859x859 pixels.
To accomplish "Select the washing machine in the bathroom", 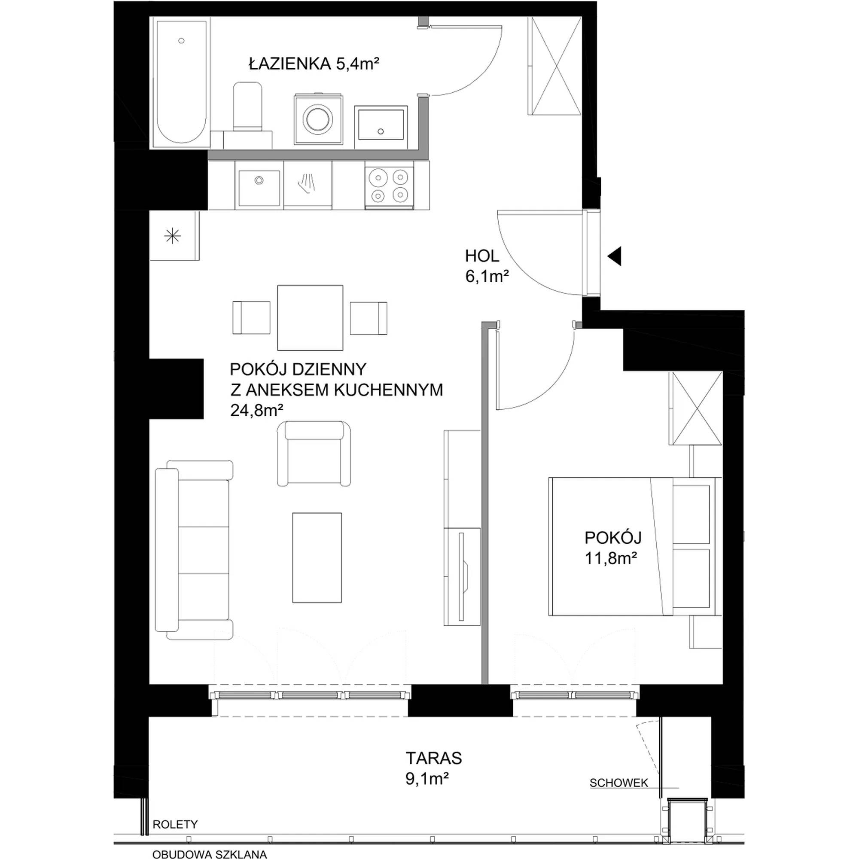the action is [317, 119].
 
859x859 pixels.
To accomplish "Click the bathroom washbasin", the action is [381, 126].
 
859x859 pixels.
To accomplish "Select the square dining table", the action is [311, 317].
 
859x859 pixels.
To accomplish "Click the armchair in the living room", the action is [314, 453].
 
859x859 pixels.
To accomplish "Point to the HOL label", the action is [482, 256].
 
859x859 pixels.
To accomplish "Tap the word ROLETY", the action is [175, 824].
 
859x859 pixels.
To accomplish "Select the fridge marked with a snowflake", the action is [174, 236].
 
